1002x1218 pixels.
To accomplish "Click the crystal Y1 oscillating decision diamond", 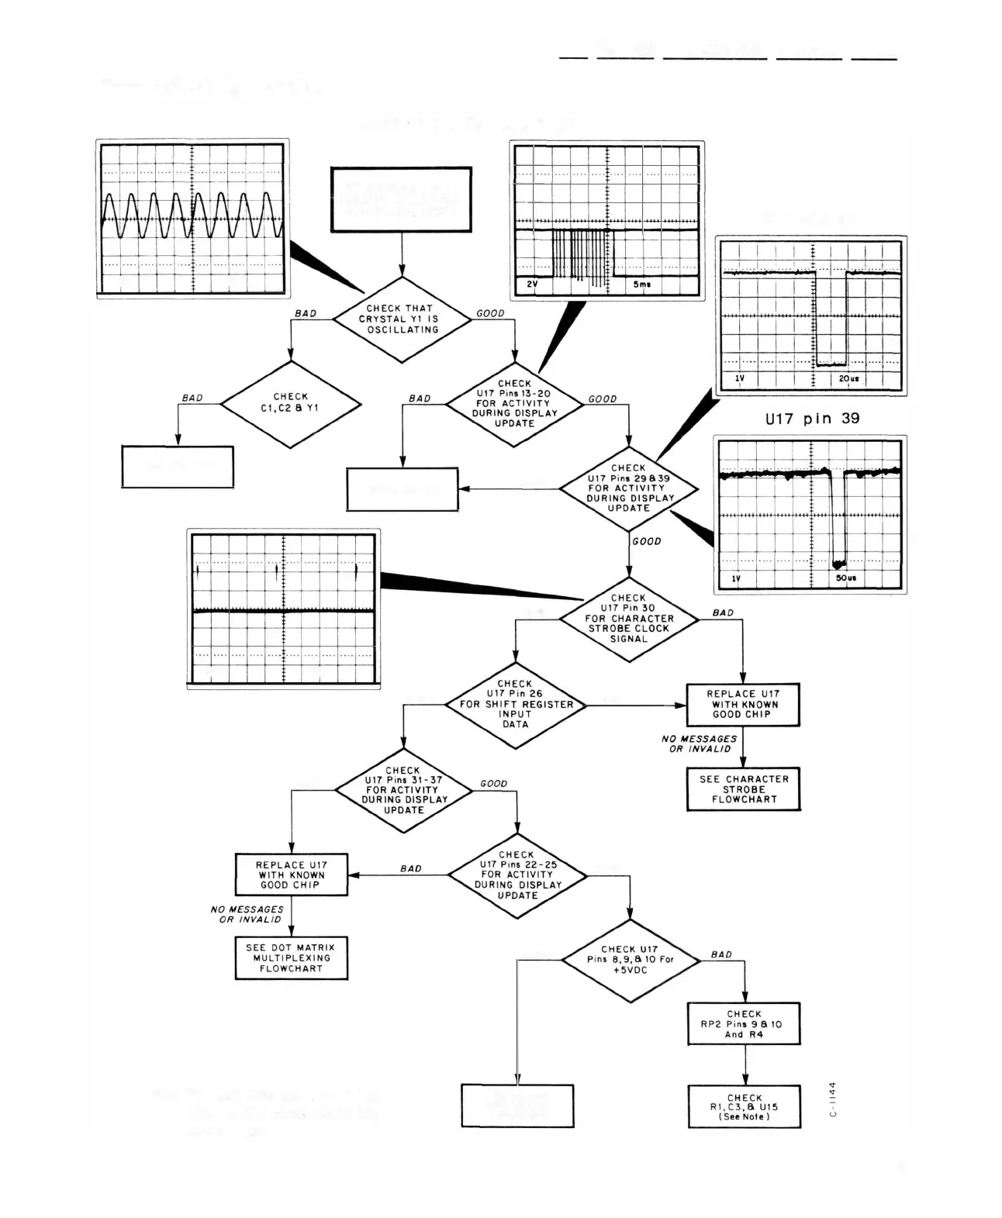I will point(402,319).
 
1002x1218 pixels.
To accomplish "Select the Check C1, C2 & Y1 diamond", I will point(291,403).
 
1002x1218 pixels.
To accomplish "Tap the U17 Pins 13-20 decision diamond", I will point(514,404).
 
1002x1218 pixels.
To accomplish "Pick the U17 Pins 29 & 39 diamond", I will point(628,488).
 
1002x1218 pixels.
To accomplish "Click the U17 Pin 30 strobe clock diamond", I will point(628,619).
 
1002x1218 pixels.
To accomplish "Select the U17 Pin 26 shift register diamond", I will point(515,705).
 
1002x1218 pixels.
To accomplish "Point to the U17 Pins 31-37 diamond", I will point(403,790).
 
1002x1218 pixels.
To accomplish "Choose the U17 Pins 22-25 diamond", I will point(517,875).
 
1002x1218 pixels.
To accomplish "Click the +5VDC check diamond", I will point(630,960).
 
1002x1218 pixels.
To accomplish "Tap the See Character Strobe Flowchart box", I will point(743,789).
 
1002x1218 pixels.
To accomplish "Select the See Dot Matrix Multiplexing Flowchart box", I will point(291,958).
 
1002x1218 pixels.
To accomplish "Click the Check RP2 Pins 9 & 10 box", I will point(744,1024).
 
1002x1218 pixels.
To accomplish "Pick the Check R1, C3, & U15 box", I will point(745,1107).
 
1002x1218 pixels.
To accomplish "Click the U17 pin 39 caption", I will point(812,419).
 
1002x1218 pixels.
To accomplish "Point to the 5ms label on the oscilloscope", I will point(642,285).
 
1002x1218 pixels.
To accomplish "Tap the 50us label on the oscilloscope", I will point(846,578).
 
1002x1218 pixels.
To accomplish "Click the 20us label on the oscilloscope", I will point(848,379).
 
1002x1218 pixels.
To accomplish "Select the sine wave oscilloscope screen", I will point(192,218).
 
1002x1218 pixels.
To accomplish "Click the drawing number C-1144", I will point(833,1099).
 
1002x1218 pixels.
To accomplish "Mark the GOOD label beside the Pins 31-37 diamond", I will point(493,784).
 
